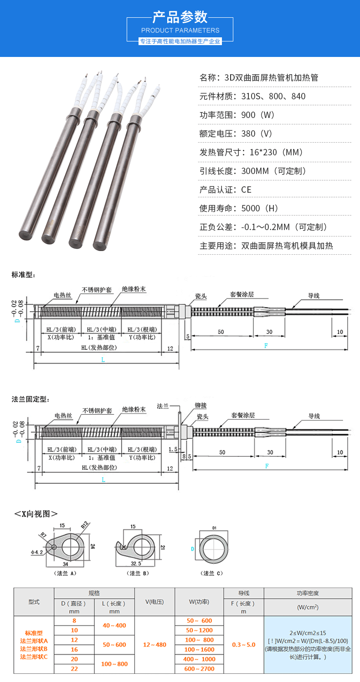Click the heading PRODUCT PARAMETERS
point(180,31)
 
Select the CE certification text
point(246,190)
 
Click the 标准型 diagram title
point(23,275)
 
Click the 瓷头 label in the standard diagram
point(201,296)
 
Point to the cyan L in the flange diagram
point(103,479)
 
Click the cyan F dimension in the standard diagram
point(266,346)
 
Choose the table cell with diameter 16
point(74,649)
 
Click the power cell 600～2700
point(200,669)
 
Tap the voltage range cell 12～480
point(154,645)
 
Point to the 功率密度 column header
point(308,593)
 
